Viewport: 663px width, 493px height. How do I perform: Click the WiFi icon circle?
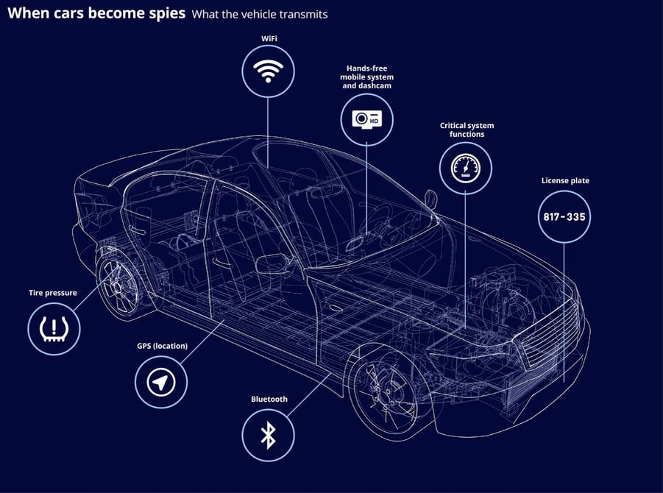pos(268,71)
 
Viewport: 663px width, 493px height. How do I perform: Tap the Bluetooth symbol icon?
pos(268,436)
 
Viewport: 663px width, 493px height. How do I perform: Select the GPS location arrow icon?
pos(161,382)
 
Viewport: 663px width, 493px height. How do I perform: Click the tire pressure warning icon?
pos(54,328)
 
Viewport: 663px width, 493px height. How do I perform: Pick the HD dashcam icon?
pos(367,119)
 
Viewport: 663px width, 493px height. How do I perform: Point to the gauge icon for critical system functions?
pos(465,168)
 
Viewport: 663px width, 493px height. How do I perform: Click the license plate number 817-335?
pos(564,216)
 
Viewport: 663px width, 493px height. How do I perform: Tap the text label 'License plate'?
pos(565,180)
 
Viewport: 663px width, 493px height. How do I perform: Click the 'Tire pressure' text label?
pos(53,293)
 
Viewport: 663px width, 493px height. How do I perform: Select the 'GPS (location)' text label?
pos(162,346)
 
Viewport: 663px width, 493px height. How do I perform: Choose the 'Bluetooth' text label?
pos(269,399)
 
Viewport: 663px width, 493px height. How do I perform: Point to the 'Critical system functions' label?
pos(467,130)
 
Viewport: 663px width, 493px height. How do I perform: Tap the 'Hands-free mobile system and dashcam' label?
pos(366,77)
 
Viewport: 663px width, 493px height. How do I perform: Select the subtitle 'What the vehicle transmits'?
pos(260,14)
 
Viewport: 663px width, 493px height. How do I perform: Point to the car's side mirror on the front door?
pos(273,263)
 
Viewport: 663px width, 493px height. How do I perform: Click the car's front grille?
pos(548,342)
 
